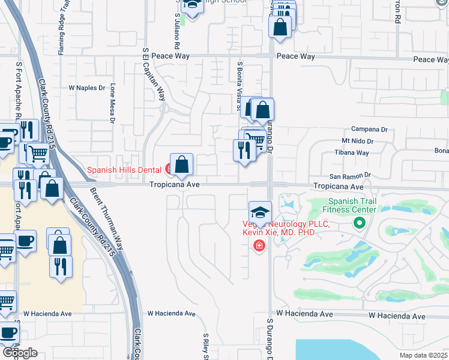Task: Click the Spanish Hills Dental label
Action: point(125,170)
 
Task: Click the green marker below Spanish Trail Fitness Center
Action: point(360,223)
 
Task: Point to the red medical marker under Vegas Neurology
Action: point(259,245)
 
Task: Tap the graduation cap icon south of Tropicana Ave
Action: point(260,213)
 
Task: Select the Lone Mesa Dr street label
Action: point(112,103)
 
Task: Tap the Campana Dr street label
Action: point(369,129)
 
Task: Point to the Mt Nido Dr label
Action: point(358,142)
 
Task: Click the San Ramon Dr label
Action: point(351,175)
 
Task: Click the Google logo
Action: point(20,353)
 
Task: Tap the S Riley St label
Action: point(205,347)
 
